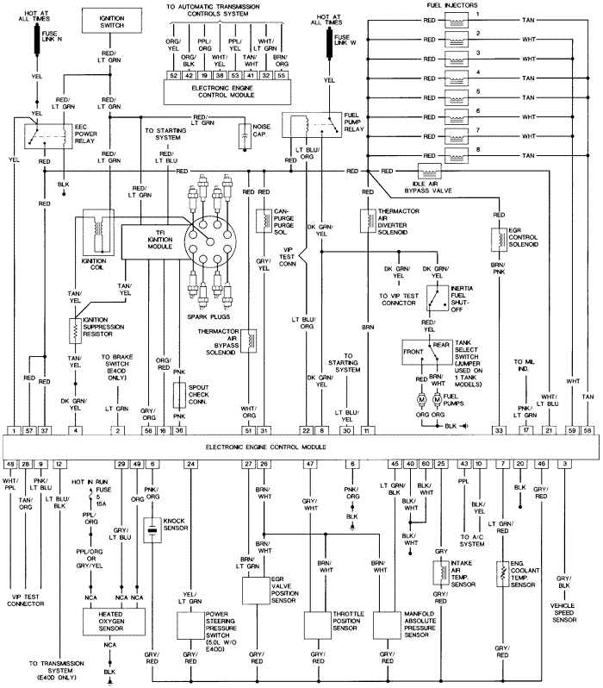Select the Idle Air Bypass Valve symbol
[x=428, y=171]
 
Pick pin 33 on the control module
[x=498, y=429]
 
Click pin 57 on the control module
[x=30, y=429]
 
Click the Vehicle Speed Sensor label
[x=564, y=612]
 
